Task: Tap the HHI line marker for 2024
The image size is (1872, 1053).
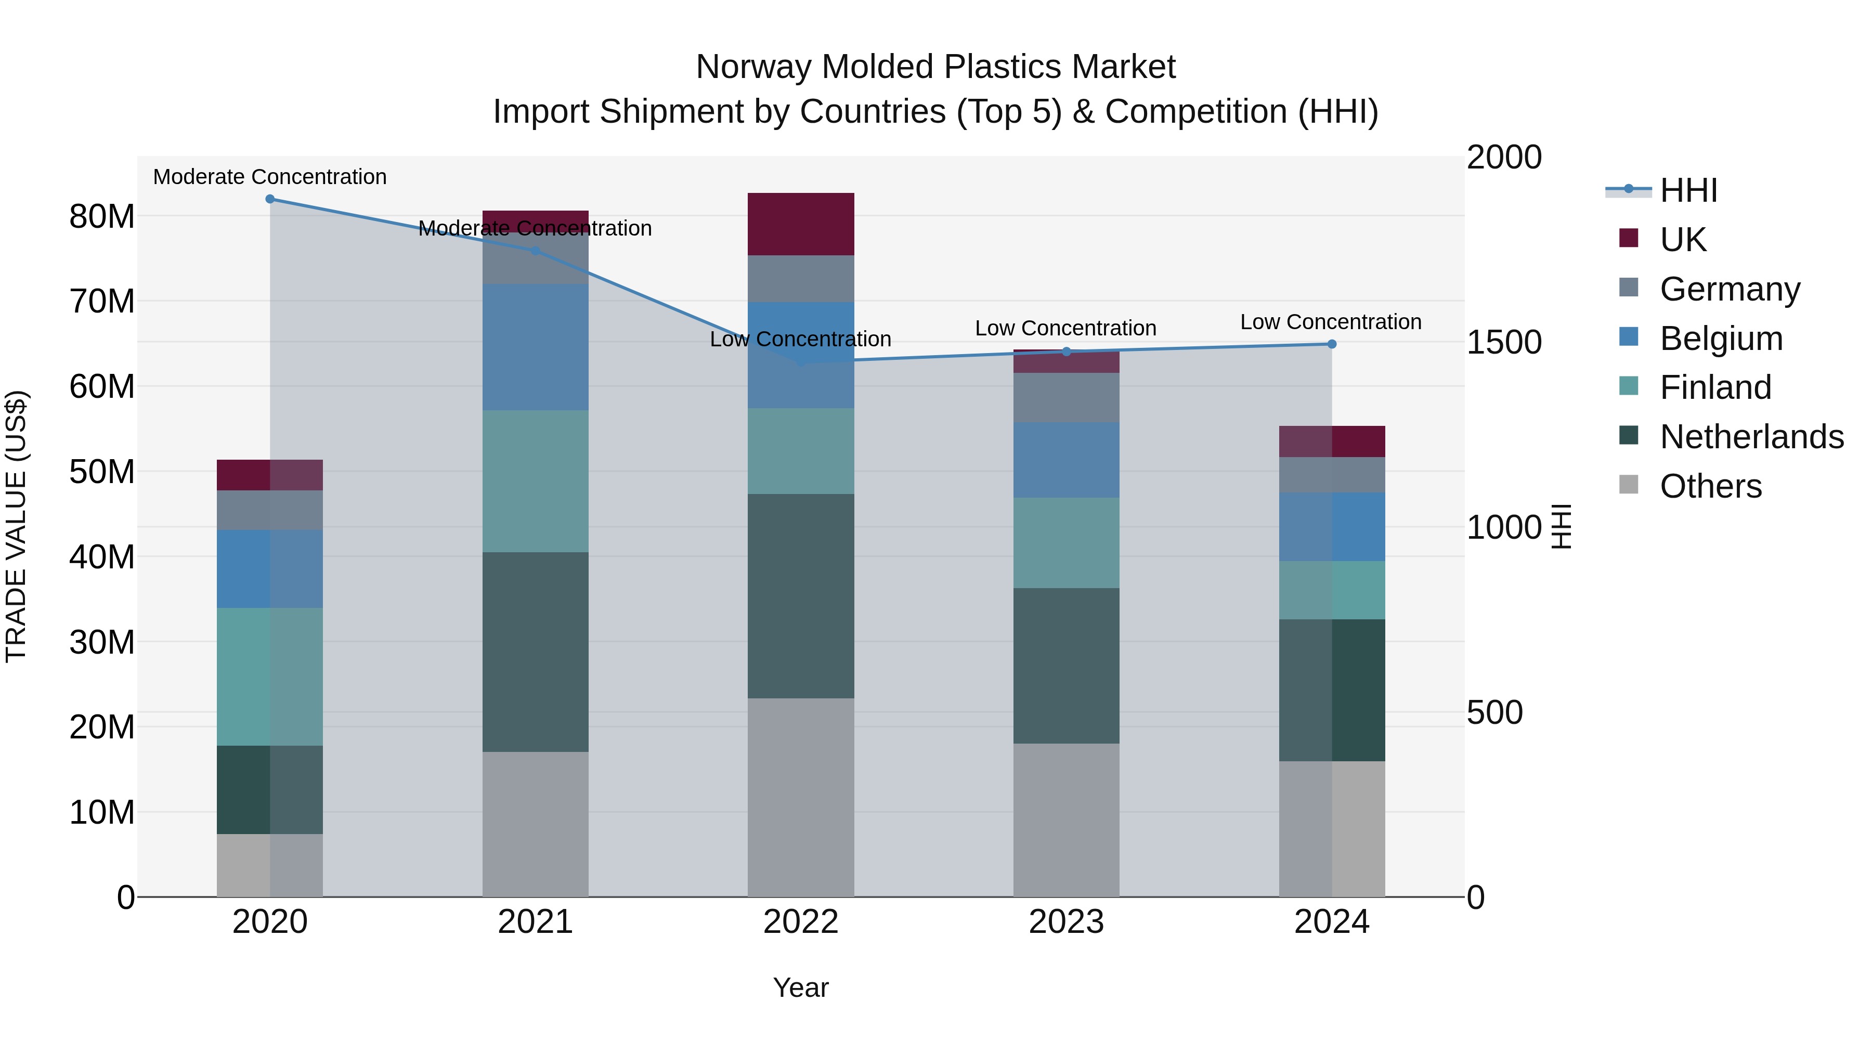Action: point(1331,344)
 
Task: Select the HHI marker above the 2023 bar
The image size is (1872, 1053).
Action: point(1066,352)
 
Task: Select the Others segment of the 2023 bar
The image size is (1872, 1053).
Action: point(1066,819)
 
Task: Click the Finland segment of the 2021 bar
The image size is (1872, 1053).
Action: point(535,481)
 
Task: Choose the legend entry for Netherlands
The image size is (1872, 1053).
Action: point(1751,437)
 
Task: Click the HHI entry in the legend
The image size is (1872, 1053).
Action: point(1688,190)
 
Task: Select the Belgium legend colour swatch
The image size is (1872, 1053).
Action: point(1629,337)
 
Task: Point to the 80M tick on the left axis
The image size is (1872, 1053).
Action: point(102,216)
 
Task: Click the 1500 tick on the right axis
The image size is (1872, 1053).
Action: point(1503,342)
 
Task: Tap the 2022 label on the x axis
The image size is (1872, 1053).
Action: point(801,922)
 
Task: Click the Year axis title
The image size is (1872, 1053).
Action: point(801,987)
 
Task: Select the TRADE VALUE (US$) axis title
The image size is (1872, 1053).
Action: point(16,526)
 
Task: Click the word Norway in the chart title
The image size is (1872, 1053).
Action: point(753,67)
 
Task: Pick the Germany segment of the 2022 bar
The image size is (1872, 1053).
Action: point(801,278)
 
